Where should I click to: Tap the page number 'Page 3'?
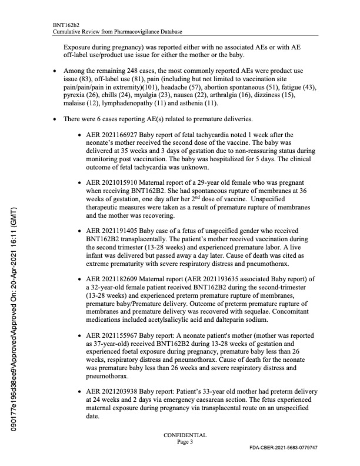click(185, 442)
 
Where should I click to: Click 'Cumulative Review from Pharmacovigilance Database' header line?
click(117, 31)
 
